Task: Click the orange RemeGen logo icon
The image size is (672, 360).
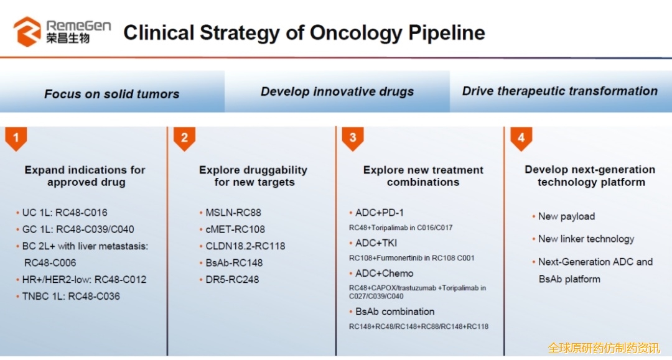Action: click(x=27, y=31)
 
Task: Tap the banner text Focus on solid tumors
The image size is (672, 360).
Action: click(x=112, y=94)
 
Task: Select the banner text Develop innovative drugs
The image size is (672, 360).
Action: click(x=337, y=91)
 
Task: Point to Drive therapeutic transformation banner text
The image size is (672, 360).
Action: click(x=560, y=91)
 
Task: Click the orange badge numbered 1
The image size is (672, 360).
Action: click(x=16, y=138)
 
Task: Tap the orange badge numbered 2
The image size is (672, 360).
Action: click(x=184, y=138)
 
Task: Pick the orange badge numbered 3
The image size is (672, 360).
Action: click(x=353, y=138)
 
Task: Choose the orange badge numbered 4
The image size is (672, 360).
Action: click(x=521, y=138)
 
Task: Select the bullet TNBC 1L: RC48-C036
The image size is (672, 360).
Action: click(x=68, y=296)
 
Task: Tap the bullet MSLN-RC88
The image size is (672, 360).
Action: click(x=230, y=212)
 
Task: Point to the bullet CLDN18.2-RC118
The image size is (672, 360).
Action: click(x=242, y=246)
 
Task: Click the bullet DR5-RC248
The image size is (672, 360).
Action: click(x=229, y=280)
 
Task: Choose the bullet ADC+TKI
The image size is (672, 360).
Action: click(x=373, y=242)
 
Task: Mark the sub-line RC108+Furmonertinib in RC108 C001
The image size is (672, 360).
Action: click(x=412, y=258)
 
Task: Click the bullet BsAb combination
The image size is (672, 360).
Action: click(x=392, y=312)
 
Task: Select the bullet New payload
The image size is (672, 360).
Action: click(x=564, y=216)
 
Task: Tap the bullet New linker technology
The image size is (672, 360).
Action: click(x=583, y=239)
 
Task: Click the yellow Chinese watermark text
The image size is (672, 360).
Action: click(x=604, y=348)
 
